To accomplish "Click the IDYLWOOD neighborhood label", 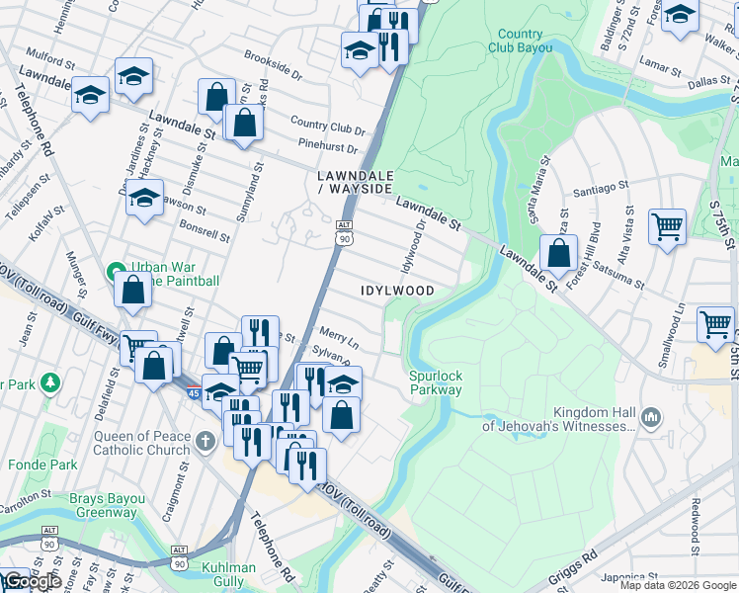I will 397,291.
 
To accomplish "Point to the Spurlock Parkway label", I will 436,382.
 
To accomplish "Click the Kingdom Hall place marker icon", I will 650,417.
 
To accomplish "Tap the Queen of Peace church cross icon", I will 205,441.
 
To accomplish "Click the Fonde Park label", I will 42,464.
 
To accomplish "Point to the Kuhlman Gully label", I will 228,574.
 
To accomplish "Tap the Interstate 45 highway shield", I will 193,392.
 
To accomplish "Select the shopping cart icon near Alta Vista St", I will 667,226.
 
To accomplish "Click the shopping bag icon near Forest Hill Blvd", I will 558,251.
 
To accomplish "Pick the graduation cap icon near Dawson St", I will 144,197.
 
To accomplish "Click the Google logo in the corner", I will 33,581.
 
